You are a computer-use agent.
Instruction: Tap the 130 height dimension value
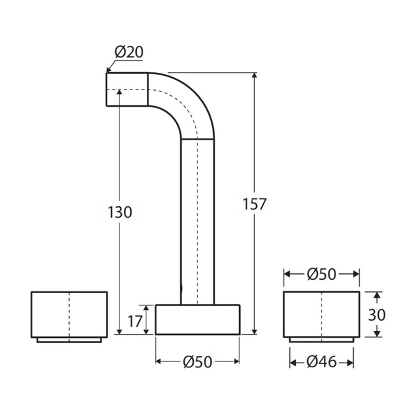[119, 212]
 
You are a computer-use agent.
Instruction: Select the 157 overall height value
[254, 204]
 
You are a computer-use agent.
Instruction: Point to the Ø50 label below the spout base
[197, 362]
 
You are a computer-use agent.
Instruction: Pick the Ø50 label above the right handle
[321, 273]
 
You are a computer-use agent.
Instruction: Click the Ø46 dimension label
[321, 362]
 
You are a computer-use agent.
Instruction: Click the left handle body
[51, 314]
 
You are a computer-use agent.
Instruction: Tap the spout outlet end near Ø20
[126, 89]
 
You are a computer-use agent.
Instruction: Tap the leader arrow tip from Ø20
[108, 72]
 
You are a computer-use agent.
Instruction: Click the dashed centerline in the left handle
[69, 314]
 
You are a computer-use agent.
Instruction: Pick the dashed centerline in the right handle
[321, 314]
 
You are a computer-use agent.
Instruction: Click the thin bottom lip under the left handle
[69, 339]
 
